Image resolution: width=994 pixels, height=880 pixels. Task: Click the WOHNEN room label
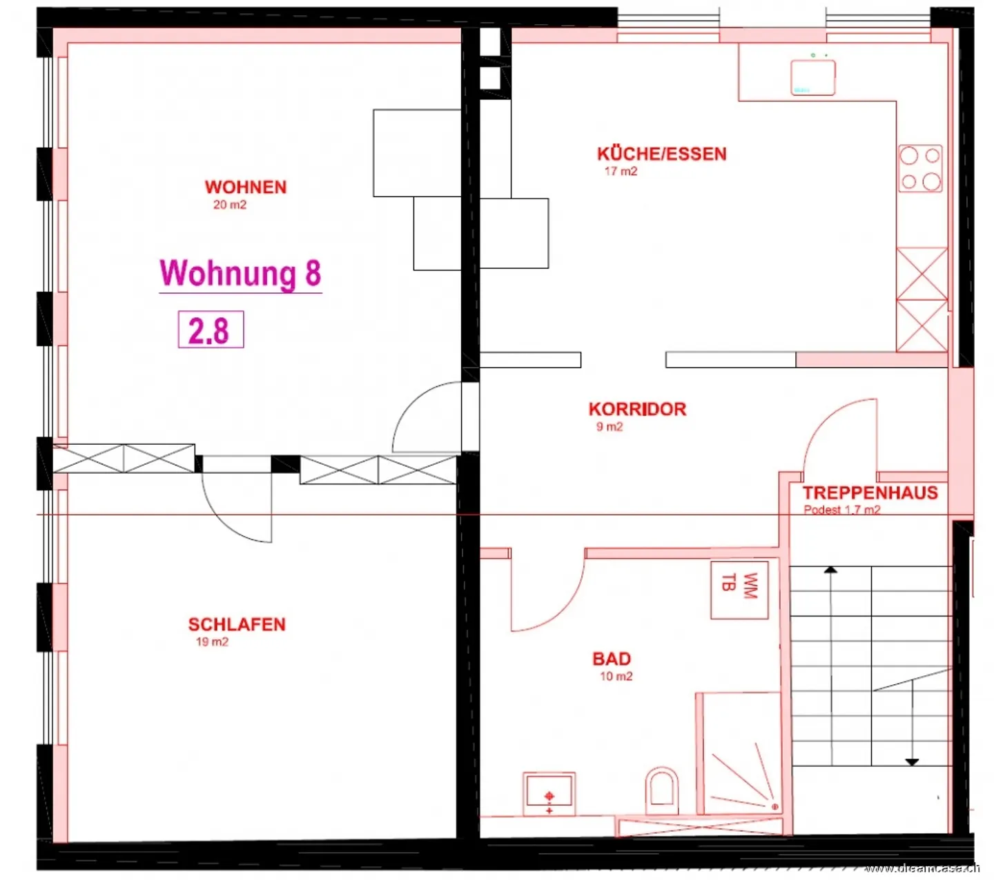pyautogui.click(x=245, y=187)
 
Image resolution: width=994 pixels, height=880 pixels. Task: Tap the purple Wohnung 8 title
pyautogui.click(x=240, y=273)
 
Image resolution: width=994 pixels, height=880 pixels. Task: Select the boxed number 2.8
pyautogui.click(x=211, y=330)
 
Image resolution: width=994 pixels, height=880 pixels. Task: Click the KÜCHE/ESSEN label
pyautogui.click(x=661, y=154)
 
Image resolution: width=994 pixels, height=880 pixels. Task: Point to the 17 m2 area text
pyautogui.click(x=621, y=171)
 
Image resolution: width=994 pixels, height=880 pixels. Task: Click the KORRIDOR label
pyautogui.click(x=637, y=409)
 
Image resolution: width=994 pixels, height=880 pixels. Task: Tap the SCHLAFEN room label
pyautogui.click(x=237, y=624)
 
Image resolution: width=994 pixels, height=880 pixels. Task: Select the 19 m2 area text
pyautogui.click(x=212, y=641)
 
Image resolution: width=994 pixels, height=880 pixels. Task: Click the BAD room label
pyautogui.click(x=612, y=659)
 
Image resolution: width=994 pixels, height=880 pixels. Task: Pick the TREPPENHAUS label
pyautogui.click(x=870, y=492)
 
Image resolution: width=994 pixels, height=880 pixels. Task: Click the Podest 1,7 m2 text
pyautogui.click(x=841, y=510)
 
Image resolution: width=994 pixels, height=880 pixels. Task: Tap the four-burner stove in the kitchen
pyautogui.click(x=920, y=168)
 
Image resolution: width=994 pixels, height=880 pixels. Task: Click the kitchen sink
pyautogui.click(x=812, y=77)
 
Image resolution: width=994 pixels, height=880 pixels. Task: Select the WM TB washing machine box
pyautogui.click(x=739, y=589)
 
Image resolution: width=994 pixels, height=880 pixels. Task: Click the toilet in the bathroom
pyautogui.click(x=661, y=789)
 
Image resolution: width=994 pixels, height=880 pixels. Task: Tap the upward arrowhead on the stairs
pyautogui.click(x=830, y=570)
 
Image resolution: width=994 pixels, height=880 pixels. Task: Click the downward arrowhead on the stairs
pyautogui.click(x=912, y=762)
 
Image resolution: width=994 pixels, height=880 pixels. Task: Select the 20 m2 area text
pyautogui.click(x=230, y=205)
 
